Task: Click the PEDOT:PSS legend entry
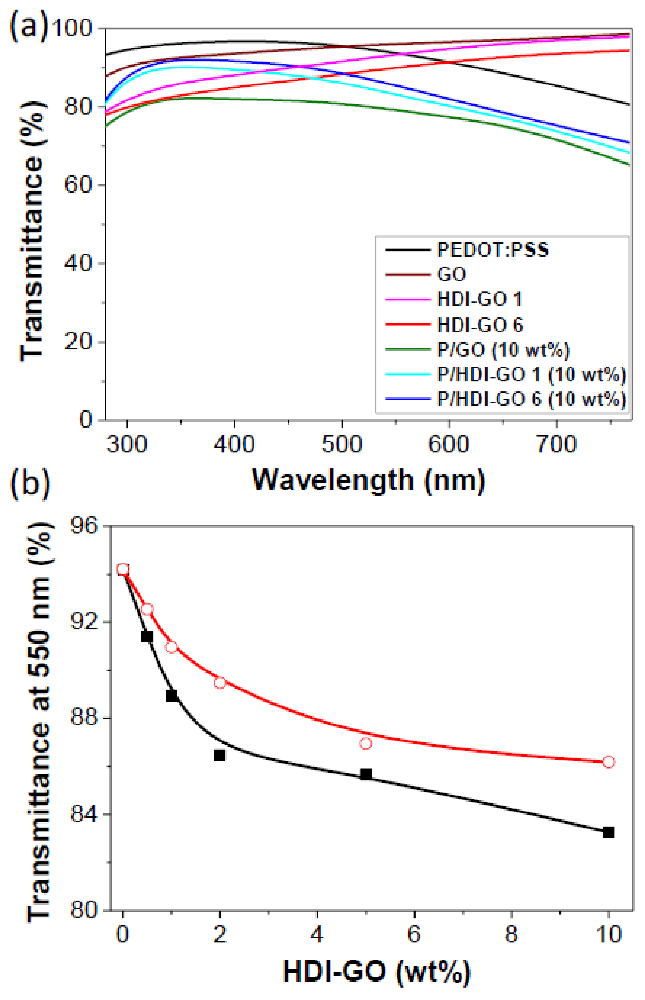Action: (492, 250)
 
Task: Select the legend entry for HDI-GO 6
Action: (480, 325)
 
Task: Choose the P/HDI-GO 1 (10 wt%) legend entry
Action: (531, 375)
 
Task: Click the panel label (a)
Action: (28, 27)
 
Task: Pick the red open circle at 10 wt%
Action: (609, 762)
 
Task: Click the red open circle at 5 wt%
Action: (366, 743)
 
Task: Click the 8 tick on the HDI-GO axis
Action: (511, 934)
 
